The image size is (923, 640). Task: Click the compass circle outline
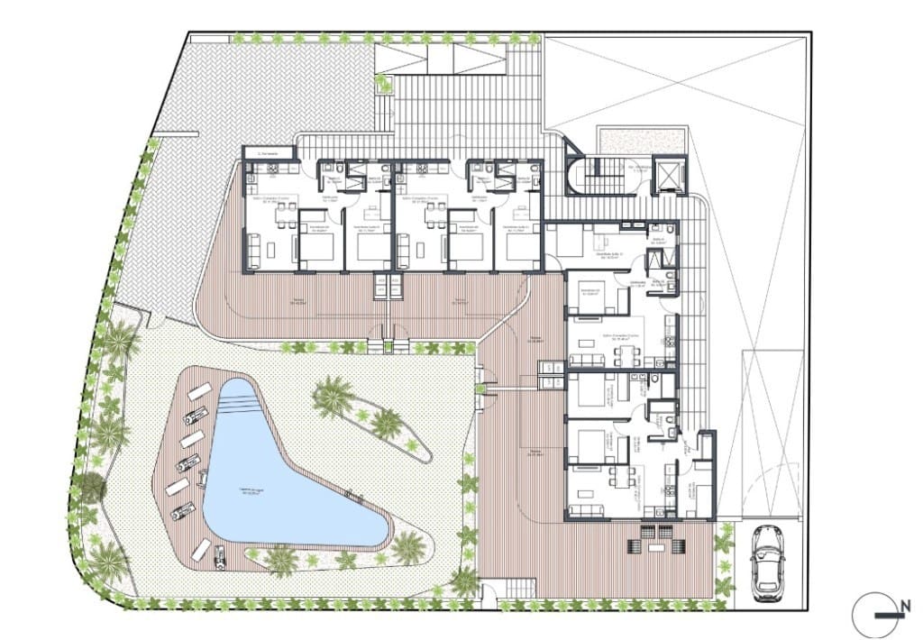pos(873,615)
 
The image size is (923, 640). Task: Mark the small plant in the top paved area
pos(384,84)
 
